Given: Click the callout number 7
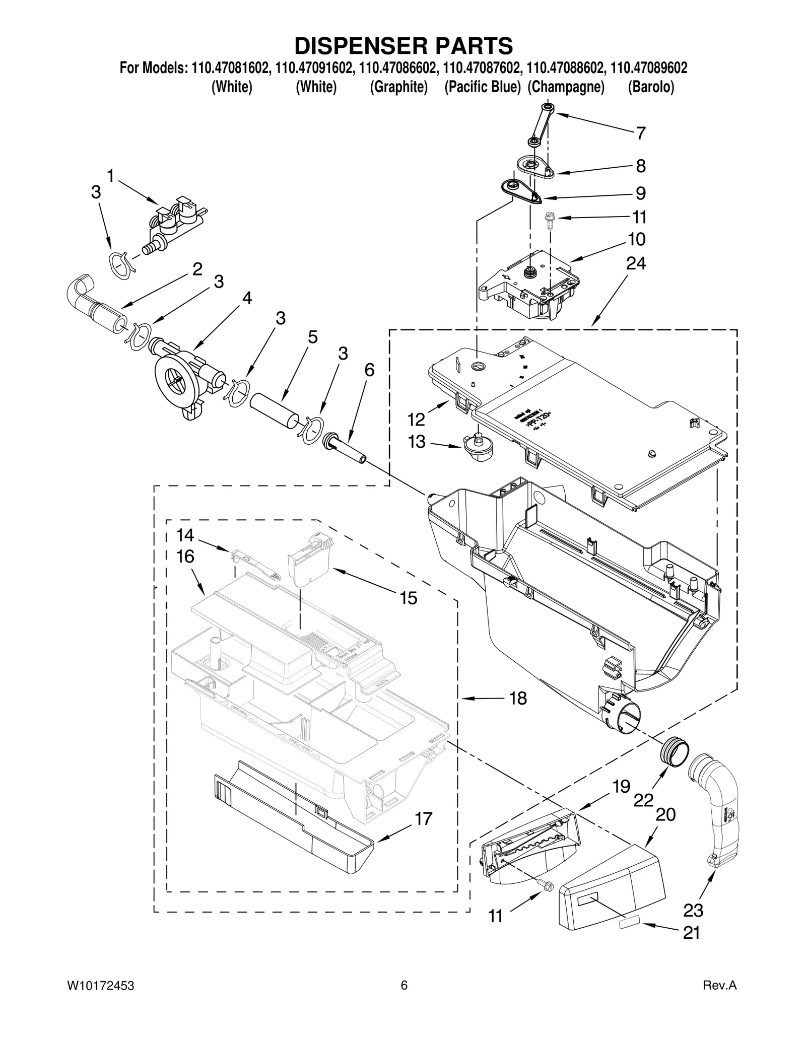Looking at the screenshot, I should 640,133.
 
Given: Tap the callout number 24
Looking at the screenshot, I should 636,263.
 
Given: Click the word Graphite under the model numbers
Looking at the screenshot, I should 398,87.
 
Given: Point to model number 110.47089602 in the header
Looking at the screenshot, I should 649,68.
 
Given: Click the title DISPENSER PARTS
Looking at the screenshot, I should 403,45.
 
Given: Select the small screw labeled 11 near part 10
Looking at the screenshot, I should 549,220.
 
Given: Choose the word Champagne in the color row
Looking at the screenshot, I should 566,87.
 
